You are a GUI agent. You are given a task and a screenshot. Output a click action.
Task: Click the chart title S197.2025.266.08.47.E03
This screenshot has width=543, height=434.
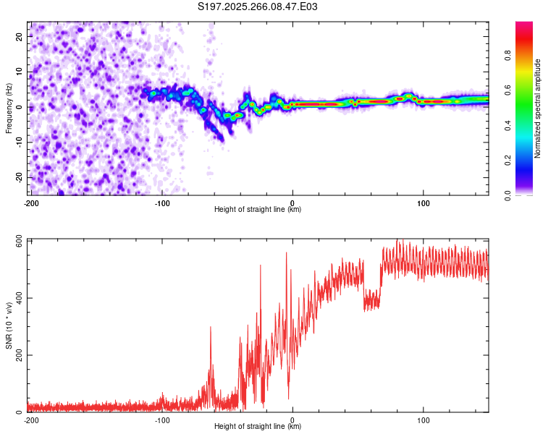point(258,7)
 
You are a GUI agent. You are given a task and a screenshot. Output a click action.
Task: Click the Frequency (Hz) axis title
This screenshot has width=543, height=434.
point(9,108)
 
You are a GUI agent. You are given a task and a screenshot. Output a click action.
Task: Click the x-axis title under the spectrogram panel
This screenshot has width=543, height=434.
point(258,210)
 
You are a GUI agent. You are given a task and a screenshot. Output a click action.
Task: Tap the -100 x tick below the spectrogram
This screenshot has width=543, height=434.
point(161,203)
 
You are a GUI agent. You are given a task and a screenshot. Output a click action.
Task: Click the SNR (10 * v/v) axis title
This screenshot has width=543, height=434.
point(9,325)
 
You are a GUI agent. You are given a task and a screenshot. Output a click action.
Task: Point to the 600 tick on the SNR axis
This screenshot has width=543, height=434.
point(17,241)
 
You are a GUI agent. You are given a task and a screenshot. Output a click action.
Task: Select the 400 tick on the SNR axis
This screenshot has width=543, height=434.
point(17,298)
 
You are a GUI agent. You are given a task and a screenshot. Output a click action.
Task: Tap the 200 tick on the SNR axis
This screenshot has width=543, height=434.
point(17,355)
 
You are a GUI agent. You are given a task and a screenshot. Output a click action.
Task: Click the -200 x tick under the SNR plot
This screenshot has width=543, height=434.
point(30,420)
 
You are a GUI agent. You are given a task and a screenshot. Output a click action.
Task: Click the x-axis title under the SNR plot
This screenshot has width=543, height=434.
point(258,427)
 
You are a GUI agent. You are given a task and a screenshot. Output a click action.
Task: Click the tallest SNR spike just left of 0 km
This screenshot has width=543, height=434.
point(286,253)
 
